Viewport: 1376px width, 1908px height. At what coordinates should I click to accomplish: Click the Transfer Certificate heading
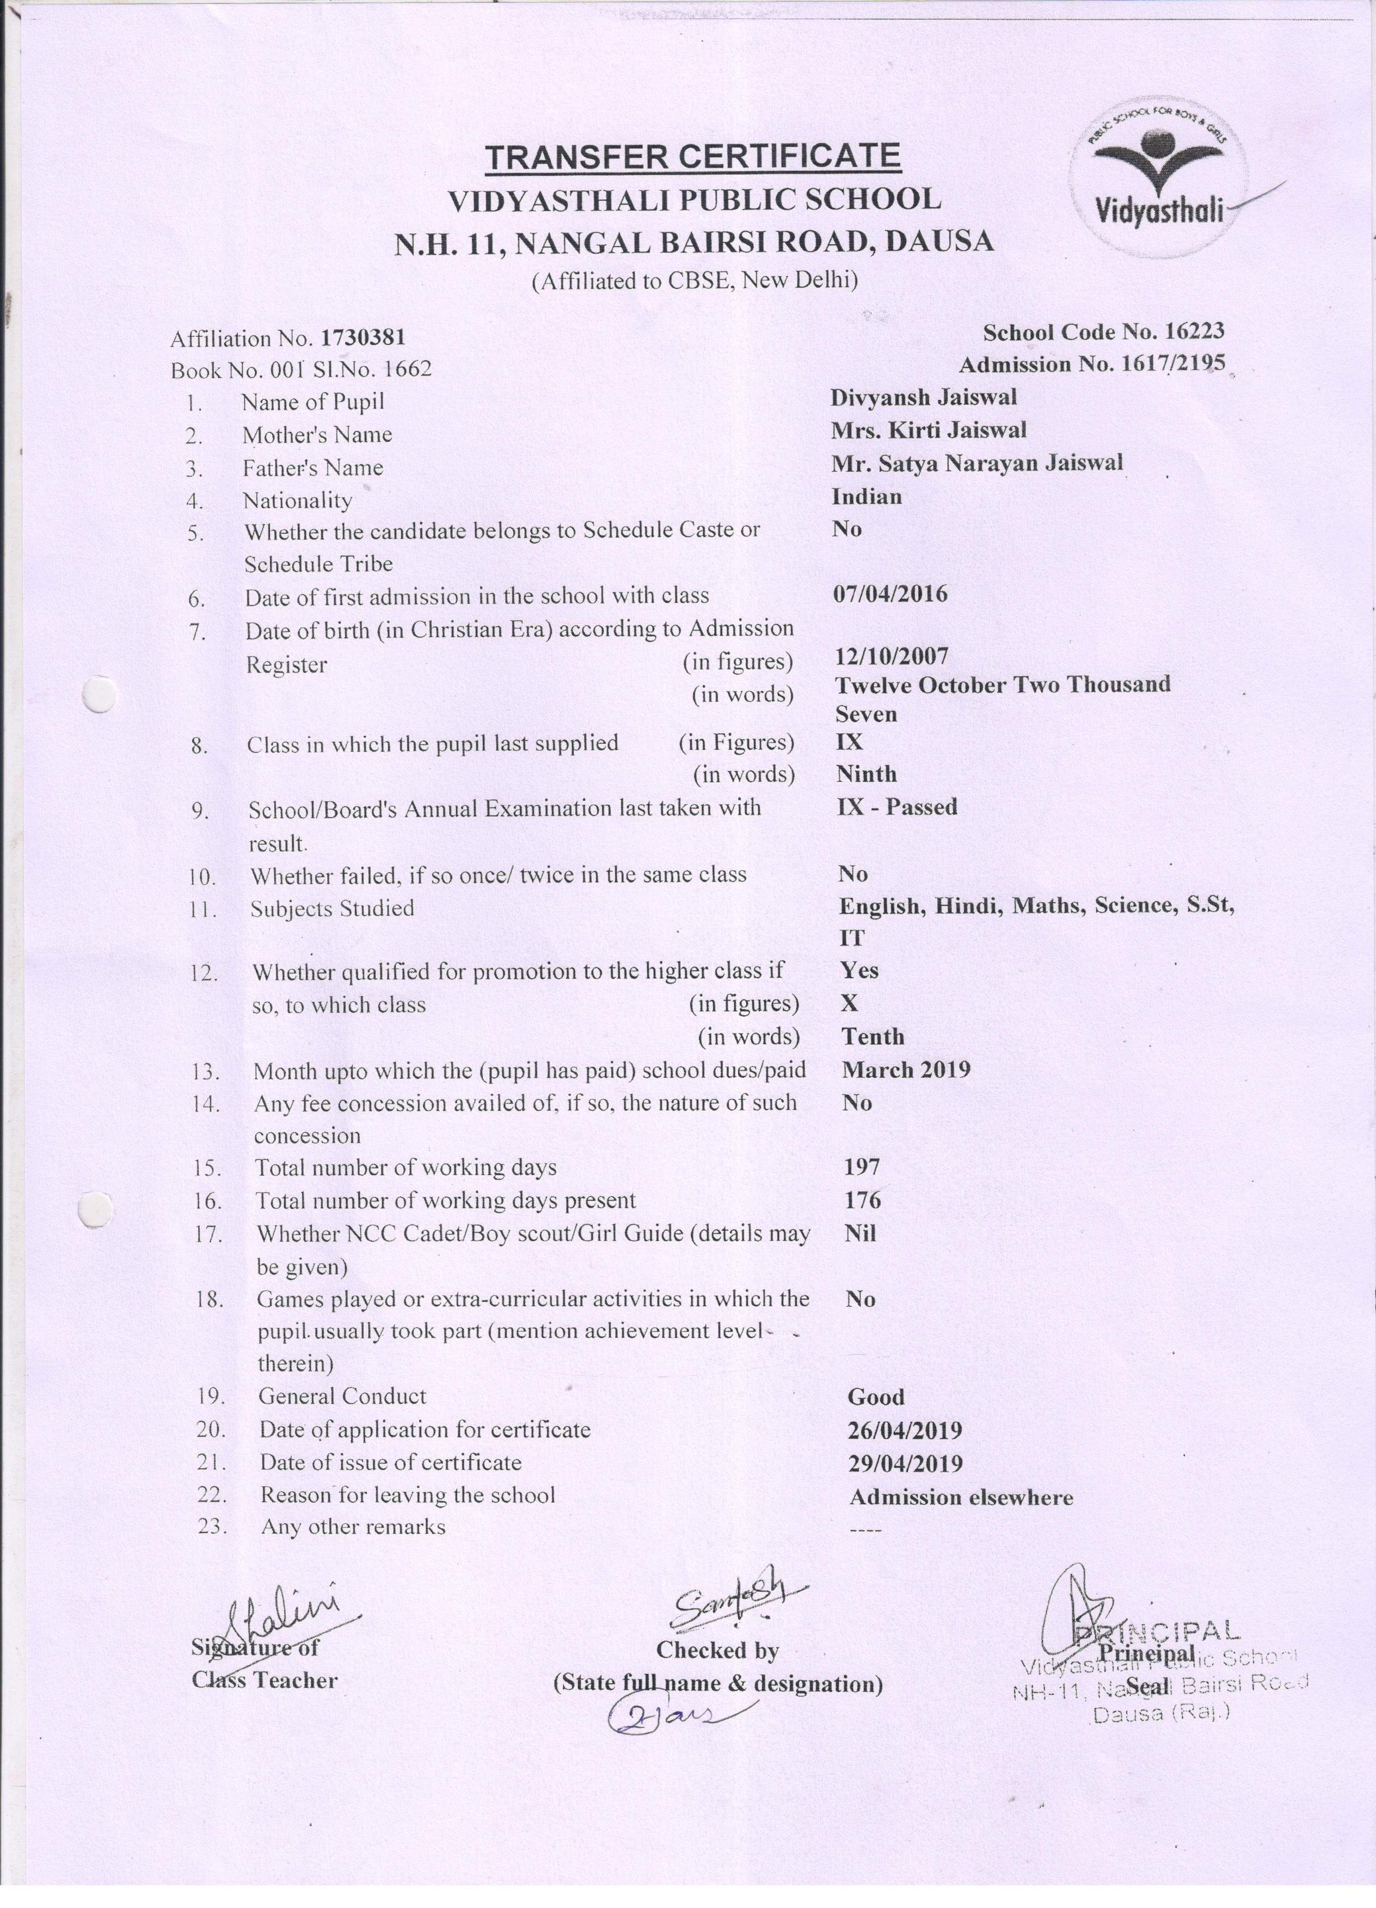coord(693,157)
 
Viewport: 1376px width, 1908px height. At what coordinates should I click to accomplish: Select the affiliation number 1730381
coord(363,337)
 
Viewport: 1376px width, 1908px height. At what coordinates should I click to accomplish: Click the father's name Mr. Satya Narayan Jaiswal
coord(976,462)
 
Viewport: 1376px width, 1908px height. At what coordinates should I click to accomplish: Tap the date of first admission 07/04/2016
coord(889,594)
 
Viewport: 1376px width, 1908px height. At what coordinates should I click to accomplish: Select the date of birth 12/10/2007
coord(891,656)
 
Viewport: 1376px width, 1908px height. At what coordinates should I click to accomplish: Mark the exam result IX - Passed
coord(897,807)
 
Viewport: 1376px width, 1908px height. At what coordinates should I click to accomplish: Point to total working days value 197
coord(862,1167)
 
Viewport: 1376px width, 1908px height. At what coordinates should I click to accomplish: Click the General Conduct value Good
coord(875,1397)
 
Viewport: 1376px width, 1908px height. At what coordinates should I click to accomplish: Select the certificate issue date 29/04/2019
coord(905,1464)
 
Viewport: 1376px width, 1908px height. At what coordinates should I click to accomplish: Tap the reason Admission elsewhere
coord(961,1497)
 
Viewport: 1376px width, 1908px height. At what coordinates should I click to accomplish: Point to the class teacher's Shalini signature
coord(282,1616)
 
